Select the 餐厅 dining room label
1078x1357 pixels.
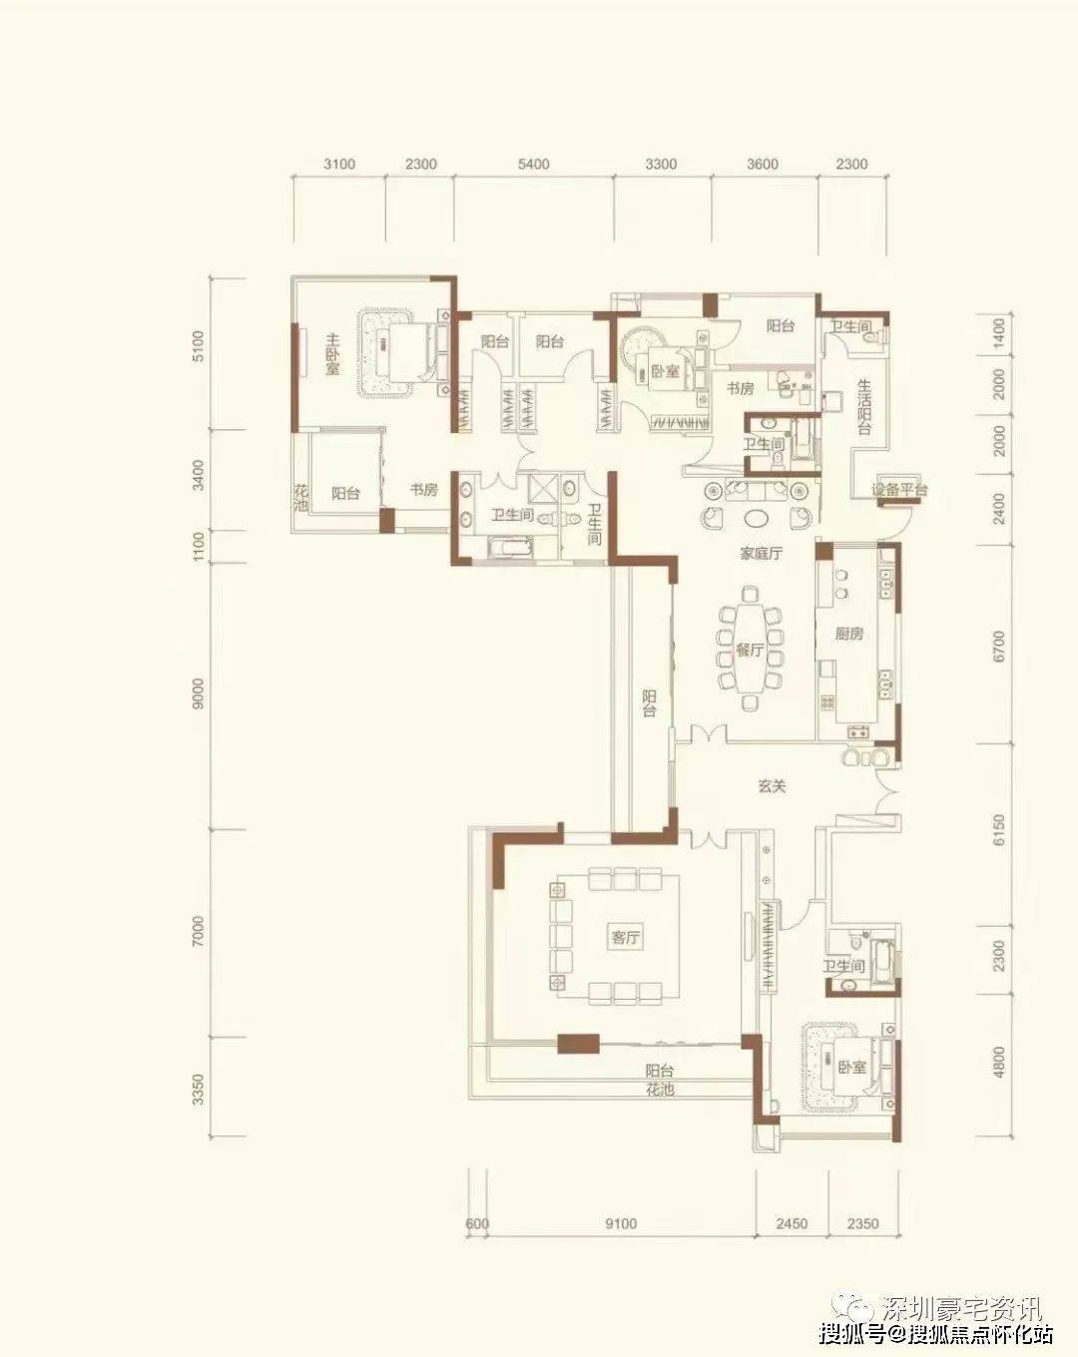coord(750,651)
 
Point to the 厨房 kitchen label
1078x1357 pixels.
coord(849,634)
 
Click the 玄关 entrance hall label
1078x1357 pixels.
coord(773,786)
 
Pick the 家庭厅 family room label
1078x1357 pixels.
coord(761,554)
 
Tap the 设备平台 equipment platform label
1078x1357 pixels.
coord(899,490)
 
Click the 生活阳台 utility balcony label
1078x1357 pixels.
coord(863,406)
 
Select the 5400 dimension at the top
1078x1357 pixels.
coord(533,165)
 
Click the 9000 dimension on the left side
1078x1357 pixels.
coord(199,693)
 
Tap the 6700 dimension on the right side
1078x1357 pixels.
coord(998,647)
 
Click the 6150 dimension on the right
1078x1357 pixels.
coord(998,830)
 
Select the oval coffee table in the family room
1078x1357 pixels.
coord(755,518)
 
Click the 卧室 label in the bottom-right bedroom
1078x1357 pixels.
coord(852,1067)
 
